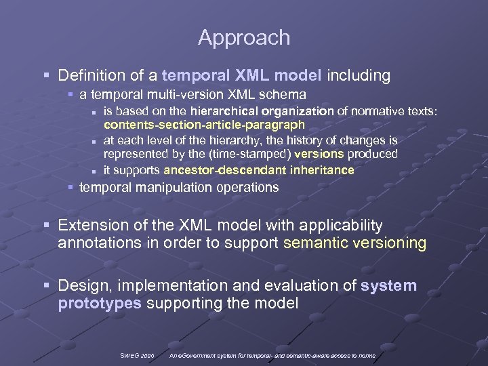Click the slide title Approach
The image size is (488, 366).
244,38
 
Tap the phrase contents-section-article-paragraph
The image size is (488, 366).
204,125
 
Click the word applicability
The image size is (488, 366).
342,225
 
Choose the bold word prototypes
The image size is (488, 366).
100,304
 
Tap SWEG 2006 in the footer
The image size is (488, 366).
137,355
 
